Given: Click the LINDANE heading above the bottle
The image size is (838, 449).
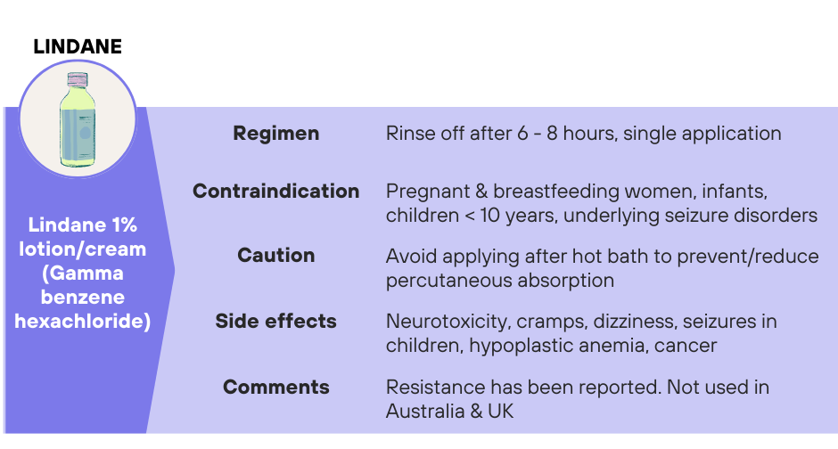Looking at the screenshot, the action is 78,47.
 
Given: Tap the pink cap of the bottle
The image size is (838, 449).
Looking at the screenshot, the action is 78,79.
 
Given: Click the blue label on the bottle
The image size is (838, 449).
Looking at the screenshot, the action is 78,137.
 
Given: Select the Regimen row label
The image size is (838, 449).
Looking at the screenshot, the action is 275,134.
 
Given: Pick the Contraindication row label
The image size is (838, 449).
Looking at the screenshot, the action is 275,192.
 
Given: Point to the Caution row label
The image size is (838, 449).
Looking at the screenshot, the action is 275,255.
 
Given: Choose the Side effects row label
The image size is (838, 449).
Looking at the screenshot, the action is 275,321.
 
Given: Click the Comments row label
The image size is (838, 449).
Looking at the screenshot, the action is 275,387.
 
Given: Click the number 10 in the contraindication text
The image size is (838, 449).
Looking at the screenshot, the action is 490,216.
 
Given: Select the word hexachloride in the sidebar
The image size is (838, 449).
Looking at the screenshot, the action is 83,321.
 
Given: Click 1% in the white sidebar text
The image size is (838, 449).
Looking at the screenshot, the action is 124,224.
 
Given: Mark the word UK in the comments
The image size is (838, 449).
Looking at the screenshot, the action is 500,411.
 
